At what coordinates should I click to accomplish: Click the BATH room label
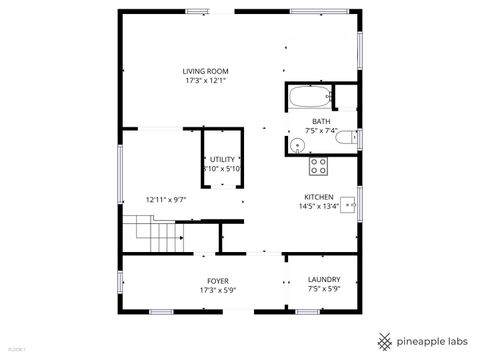tap(320, 122)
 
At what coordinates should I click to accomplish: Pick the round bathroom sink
tap(297, 145)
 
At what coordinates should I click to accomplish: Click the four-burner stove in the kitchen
tap(318, 165)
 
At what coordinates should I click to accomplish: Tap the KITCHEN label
tap(320, 197)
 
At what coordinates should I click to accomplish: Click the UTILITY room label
tap(222, 160)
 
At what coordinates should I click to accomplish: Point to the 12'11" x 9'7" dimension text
tap(166, 199)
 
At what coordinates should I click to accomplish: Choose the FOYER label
tap(217, 280)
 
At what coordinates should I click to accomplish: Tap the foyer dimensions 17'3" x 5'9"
tap(217, 290)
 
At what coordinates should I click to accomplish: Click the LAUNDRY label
tap(323, 280)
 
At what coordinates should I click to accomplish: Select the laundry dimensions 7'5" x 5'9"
tap(323, 290)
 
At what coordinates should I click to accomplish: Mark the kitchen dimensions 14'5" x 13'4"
tap(320, 207)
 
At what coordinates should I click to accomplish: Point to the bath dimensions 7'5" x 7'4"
tap(320, 131)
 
